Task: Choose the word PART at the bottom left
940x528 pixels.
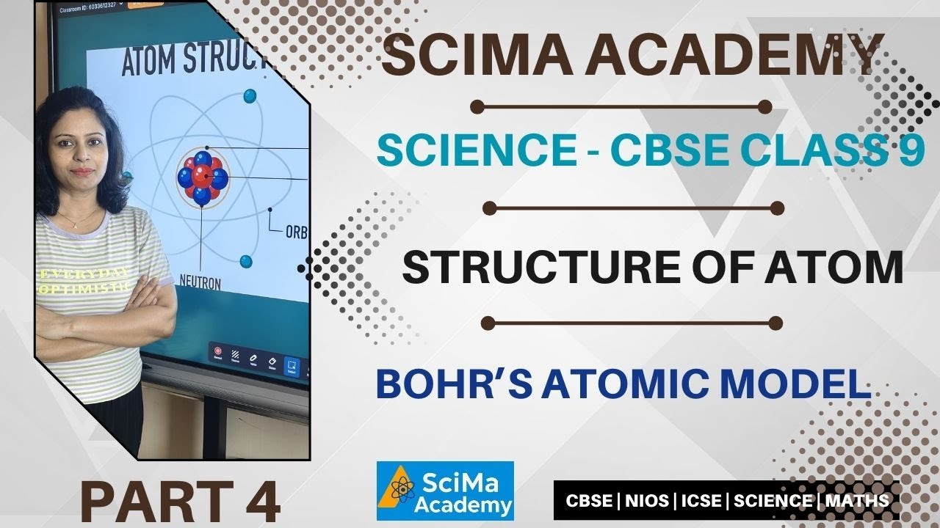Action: coord(147,502)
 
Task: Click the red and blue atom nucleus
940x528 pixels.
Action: coord(203,177)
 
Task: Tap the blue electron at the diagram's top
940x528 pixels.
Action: coord(250,95)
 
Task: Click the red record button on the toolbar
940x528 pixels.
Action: coord(218,351)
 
